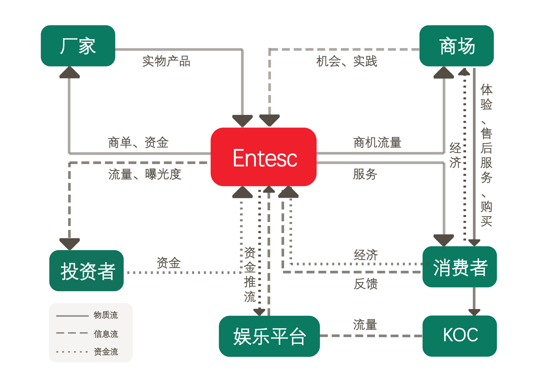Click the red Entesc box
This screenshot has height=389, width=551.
[263, 157]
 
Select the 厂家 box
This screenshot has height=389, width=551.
[78, 46]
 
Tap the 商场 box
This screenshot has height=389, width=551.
[456, 46]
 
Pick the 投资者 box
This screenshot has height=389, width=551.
[87, 271]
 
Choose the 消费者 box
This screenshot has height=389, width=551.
[459, 267]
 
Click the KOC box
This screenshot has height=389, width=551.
[459, 336]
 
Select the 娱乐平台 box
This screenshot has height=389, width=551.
[269, 336]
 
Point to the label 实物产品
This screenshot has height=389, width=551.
[166, 61]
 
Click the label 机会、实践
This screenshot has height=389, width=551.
[347, 61]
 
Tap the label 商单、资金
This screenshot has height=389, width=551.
[138, 143]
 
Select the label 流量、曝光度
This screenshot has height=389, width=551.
[145, 174]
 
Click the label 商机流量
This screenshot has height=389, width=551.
[377, 143]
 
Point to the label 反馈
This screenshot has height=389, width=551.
[365, 284]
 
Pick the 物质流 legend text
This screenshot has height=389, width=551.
[106, 315]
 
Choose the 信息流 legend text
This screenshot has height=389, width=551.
[106, 334]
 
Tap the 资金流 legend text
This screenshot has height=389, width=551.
[106, 352]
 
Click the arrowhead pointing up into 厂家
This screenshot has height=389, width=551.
[70, 72]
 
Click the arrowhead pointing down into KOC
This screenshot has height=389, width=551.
[474, 312]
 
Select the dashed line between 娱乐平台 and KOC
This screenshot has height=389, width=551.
[371, 336]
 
